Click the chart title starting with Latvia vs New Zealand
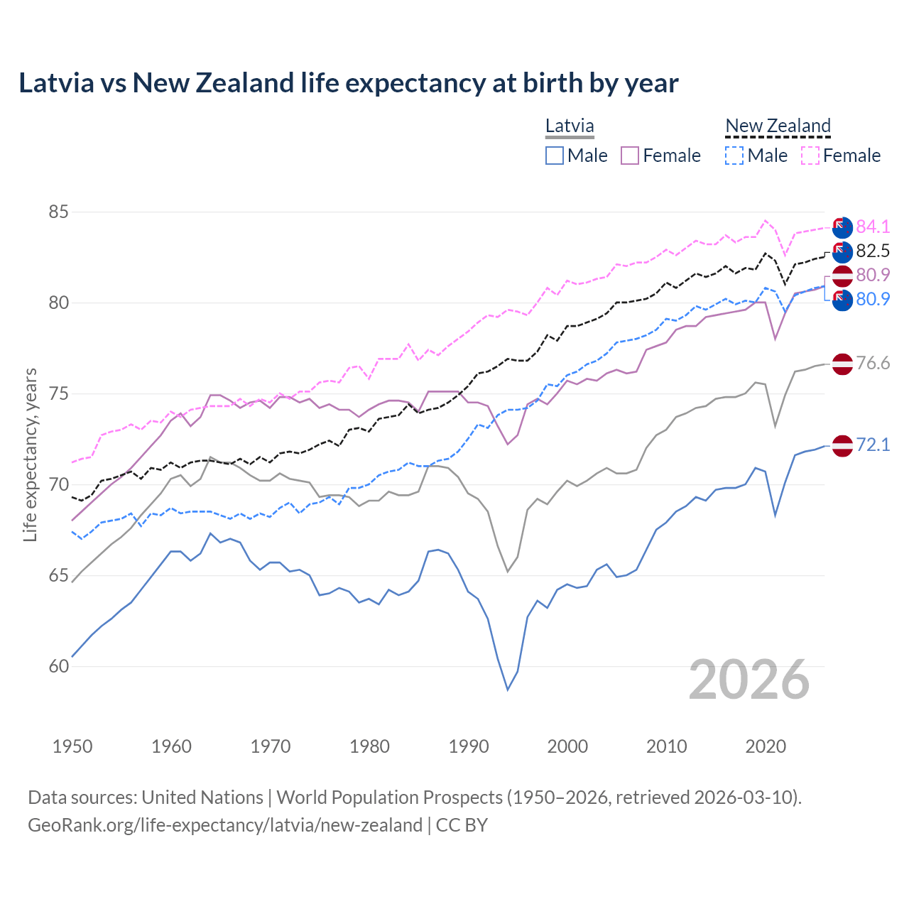point(348,83)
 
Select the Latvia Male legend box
point(555,156)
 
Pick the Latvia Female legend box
point(630,156)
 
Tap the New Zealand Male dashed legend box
point(734,156)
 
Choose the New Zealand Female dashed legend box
point(810,156)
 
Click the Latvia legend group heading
point(570,126)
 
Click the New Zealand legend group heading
point(778,126)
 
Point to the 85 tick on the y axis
point(59,212)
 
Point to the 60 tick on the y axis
point(59,666)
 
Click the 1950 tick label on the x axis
point(72,746)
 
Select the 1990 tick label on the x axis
point(469,746)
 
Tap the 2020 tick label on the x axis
point(766,746)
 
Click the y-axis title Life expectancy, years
point(31,454)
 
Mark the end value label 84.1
point(873,227)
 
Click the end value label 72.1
point(873,445)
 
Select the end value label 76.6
point(873,364)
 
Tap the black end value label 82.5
point(873,251)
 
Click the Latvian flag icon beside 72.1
point(842,446)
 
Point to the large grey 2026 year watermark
point(749,680)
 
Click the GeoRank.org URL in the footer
point(225,825)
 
